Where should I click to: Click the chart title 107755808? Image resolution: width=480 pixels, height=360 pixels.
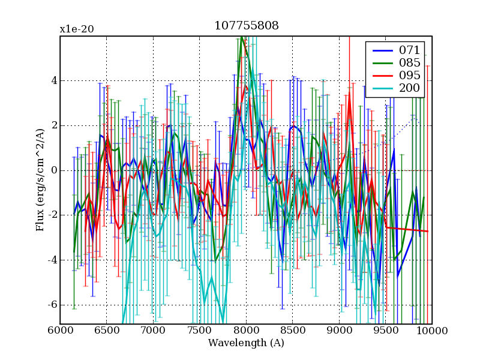pyautogui.click(x=246, y=26)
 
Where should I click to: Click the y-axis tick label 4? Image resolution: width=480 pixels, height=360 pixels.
pyautogui.click(x=53, y=80)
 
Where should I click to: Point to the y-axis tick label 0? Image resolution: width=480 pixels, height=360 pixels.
pyautogui.click(x=53, y=170)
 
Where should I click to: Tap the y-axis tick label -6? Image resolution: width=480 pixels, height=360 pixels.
pyautogui.click(x=52, y=305)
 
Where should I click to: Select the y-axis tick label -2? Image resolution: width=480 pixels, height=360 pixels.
pyautogui.click(x=52, y=215)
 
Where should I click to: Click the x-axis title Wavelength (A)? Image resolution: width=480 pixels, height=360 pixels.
pyautogui.click(x=246, y=343)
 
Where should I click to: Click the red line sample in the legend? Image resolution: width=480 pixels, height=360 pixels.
pyautogui.click(x=380, y=76)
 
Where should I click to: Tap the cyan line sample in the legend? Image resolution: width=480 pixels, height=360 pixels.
pyautogui.click(x=380, y=89)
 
